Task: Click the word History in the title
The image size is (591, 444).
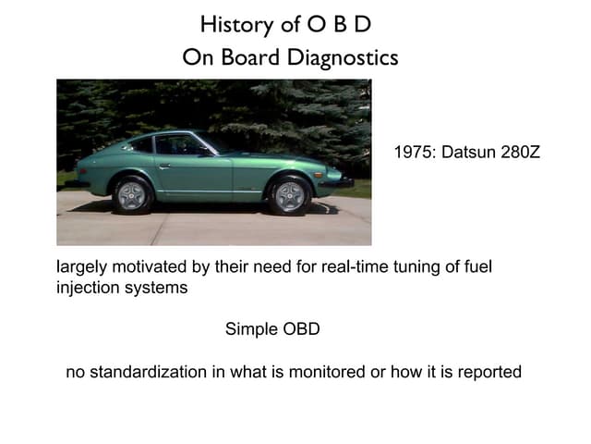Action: tap(237, 25)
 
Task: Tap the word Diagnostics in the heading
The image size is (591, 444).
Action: tap(343, 57)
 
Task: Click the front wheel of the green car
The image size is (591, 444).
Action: tap(289, 196)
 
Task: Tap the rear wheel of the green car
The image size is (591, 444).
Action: tap(131, 195)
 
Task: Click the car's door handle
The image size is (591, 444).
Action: tap(164, 166)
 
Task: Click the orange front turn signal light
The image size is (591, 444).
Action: tap(318, 175)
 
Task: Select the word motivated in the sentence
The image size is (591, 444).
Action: tap(150, 267)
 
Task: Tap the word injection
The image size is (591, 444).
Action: tap(88, 288)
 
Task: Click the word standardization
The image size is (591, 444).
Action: tap(148, 372)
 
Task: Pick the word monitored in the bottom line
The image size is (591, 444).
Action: tap(327, 372)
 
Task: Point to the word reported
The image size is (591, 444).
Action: tap(489, 373)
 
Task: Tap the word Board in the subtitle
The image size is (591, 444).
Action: tap(250, 57)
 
